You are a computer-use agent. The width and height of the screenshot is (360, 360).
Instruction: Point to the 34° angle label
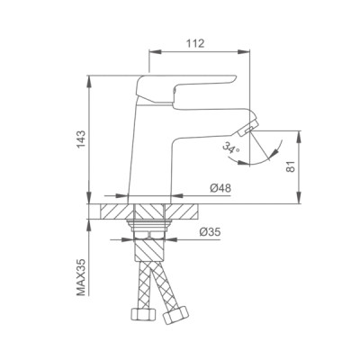(220, 153)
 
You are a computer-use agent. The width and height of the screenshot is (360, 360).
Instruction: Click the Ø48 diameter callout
(221, 188)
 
